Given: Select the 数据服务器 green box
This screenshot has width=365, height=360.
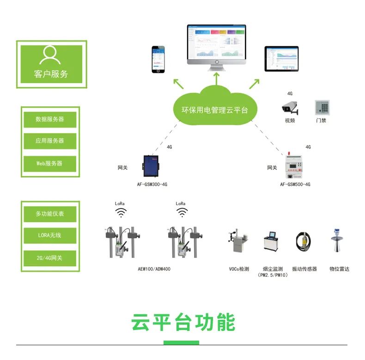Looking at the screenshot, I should [50, 119].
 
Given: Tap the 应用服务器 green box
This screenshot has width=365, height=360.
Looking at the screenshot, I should [50, 141].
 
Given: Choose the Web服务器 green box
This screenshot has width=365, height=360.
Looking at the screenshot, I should [50, 163].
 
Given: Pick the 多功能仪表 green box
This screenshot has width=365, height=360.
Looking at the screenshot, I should [50, 214].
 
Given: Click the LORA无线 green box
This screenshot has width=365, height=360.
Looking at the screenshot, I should [50, 235].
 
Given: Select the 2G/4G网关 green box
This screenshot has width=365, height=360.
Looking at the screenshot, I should [50, 257].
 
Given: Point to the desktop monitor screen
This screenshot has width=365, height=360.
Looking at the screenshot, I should [217, 44].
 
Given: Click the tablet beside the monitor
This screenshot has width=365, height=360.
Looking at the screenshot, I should [281, 58].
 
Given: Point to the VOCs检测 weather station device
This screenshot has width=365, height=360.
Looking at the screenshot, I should [237, 244].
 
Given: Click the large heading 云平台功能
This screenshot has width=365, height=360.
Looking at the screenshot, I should [183, 322].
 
